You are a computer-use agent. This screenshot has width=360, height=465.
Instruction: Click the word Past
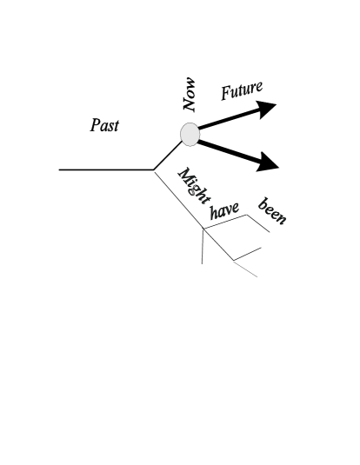(x=104, y=126)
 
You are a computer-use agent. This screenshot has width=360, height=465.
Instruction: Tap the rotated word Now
(x=190, y=94)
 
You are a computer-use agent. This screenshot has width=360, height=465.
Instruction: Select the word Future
(x=241, y=91)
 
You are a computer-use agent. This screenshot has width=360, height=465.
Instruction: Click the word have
(x=224, y=209)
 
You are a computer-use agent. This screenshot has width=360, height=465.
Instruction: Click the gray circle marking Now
(x=190, y=133)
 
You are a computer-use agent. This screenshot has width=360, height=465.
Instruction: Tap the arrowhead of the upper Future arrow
(x=267, y=108)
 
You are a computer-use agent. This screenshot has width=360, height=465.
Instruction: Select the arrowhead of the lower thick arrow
(x=267, y=162)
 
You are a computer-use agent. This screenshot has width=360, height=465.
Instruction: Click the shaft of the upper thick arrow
(x=228, y=121)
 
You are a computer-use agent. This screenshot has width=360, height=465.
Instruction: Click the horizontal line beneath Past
(x=104, y=169)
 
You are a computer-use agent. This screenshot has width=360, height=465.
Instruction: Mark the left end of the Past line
(x=60, y=169)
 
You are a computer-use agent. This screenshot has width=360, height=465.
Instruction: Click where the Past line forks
(x=154, y=169)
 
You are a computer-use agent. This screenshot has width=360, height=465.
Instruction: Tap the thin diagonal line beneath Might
(x=178, y=199)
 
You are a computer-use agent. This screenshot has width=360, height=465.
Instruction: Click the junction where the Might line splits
(x=203, y=229)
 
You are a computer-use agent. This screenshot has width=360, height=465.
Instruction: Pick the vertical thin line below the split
(x=203, y=247)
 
